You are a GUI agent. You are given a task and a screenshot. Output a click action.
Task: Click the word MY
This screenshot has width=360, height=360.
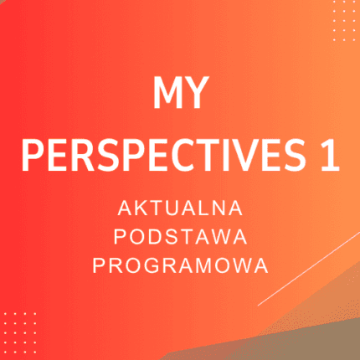(x=180, y=95)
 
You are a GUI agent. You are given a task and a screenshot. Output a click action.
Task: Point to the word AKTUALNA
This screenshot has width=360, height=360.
(x=180, y=207)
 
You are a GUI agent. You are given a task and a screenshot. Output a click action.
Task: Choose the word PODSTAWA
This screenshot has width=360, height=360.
(x=180, y=236)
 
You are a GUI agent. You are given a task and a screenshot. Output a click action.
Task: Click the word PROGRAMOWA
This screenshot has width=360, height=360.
(x=180, y=265)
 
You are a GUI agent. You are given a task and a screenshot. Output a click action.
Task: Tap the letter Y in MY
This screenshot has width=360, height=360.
(x=197, y=95)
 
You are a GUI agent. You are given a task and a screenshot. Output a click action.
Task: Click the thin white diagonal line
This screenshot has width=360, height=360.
(x=310, y=268)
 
